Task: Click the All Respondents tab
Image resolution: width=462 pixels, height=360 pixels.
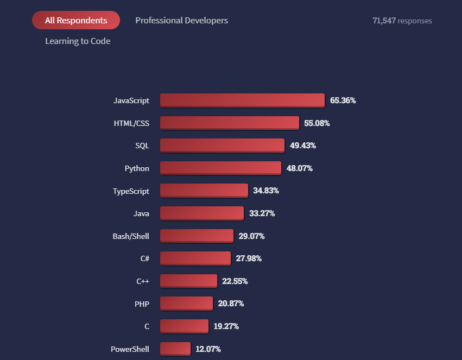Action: coord(76,20)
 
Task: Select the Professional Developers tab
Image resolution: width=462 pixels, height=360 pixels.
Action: coord(181,20)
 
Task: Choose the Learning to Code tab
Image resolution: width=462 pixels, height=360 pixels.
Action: coord(78,41)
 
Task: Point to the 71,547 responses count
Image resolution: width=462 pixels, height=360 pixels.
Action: coord(402,21)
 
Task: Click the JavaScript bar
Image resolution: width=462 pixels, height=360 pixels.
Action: coord(242,100)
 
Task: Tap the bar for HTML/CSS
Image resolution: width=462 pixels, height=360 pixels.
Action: coord(229,123)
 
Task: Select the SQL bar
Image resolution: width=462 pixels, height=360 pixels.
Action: coord(222,146)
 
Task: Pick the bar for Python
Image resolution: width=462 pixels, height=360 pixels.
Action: coord(220,168)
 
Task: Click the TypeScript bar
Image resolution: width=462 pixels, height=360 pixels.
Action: coord(204,191)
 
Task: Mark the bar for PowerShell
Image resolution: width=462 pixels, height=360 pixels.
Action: coord(175,349)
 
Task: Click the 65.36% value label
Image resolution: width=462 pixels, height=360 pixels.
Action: coord(343,100)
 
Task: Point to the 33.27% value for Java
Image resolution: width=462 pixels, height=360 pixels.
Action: coord(262,213)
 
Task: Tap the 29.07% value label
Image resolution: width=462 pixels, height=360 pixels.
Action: coord(251,236)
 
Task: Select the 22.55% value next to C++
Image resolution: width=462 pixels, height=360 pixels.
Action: coord(235,281)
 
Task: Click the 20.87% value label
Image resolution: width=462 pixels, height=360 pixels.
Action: coord(231,304)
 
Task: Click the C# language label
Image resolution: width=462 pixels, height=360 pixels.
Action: coord(144,258)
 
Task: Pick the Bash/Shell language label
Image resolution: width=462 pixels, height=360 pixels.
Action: coord(131,236)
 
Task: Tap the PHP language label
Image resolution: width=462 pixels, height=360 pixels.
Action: coord(142,304)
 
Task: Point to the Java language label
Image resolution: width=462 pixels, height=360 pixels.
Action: coord(141,213)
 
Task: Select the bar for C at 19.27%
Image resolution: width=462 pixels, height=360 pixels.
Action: coord(184,326)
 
